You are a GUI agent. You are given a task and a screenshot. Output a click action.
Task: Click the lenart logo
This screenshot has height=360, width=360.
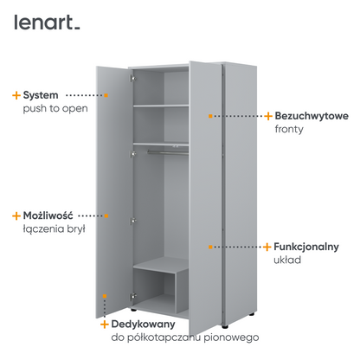47,22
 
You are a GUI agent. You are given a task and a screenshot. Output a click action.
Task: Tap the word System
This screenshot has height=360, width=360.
41,95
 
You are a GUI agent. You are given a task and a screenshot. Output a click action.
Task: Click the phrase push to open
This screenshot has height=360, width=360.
55,109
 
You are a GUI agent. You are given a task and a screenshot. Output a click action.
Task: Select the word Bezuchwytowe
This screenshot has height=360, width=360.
312,116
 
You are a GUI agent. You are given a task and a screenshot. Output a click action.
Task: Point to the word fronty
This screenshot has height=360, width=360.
289,129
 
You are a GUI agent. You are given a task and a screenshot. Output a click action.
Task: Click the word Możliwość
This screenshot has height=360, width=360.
48,215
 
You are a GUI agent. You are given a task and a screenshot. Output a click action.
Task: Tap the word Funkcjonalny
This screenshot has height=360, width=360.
306,247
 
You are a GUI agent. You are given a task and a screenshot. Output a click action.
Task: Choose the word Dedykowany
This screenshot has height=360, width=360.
143,325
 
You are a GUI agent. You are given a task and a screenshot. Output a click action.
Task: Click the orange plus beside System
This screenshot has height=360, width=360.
16,95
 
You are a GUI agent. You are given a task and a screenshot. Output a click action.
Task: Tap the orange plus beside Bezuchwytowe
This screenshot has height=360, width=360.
268,116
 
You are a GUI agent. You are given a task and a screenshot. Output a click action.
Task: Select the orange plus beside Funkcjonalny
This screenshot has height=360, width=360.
267,247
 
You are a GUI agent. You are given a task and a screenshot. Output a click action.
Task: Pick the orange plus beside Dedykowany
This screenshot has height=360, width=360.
105,325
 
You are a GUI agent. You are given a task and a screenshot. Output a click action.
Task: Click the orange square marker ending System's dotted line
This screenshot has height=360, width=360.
106,95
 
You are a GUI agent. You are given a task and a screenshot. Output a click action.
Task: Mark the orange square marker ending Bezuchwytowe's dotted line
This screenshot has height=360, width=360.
210,116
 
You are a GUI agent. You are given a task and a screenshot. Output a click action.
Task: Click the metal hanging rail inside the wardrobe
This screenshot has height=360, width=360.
168,152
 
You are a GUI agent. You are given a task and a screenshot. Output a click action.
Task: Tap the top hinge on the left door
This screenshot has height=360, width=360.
132,78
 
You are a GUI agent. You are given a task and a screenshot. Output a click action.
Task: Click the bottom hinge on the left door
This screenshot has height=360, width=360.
133,296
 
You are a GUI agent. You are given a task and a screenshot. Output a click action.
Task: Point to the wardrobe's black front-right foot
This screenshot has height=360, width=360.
225,327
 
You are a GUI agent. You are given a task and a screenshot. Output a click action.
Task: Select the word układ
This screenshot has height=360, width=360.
287,260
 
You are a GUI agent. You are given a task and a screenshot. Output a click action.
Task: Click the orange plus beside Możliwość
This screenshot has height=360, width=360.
16,215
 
